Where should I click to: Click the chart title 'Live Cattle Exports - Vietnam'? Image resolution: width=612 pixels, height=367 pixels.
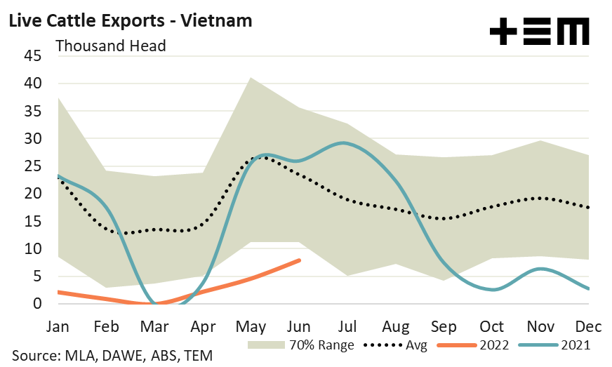click(130, 20)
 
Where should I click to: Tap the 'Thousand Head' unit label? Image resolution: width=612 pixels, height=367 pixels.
click(110, 46)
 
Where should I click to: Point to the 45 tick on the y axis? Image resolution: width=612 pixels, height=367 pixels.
click(33, 56)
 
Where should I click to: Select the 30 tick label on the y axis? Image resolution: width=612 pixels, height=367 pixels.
click(33, 139)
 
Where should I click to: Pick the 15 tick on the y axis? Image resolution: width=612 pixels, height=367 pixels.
click(33, 222)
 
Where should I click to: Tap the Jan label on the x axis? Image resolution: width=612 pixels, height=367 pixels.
click(58, 328)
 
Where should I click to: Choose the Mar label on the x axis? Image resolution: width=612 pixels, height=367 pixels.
click(154, 328)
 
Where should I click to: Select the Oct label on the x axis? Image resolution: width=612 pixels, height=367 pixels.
click(491, 328)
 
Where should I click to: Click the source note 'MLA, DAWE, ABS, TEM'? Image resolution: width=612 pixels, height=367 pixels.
click(112, 356)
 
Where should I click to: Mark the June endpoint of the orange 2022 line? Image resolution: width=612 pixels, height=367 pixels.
click(300, 260)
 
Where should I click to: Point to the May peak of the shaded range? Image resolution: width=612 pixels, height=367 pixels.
click(251, 78)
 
